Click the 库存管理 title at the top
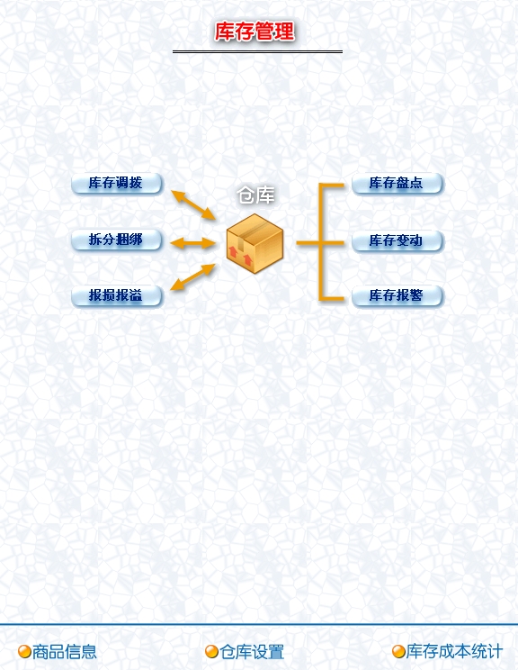[x=255, y=32]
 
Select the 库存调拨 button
[x=117, y=184]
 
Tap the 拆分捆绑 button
[x=117, y=240]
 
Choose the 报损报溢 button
[x=117, y=295]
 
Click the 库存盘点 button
[x=397, y=184]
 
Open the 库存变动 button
[x=397, y=240]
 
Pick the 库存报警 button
[x=397, y=295]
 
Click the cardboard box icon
[x=255, y=243]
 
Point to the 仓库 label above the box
[x=255, y=195]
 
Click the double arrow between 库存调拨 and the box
[x=193, y=205]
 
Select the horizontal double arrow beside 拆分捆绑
[x=192, y=243]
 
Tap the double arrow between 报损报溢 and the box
[x=192, y=276]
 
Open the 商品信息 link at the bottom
[x=65, y=652]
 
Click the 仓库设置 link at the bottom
[x=252, y=652]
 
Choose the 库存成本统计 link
[x=454, y=651]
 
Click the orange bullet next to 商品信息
[x=24, y=652]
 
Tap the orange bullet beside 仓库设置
[x=211, y=652]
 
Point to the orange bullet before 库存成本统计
[x=398, y=652]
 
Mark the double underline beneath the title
[x=257, y=51]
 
